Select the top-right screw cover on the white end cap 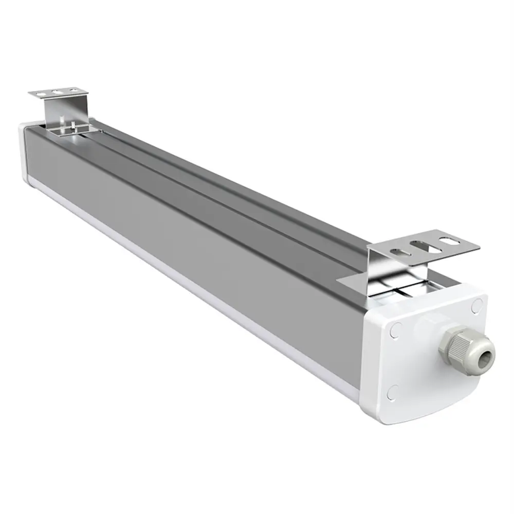pos(476,307)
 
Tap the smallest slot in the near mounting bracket pos(399,252)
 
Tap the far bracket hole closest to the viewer pos(71,91)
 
